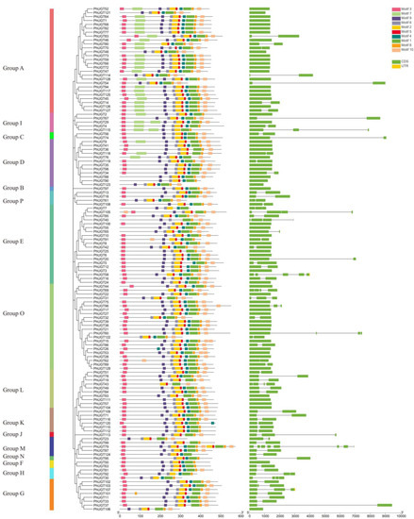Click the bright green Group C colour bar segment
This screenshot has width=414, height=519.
51,138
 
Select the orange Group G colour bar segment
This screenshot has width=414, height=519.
51,493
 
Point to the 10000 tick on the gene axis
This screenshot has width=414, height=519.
402,514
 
